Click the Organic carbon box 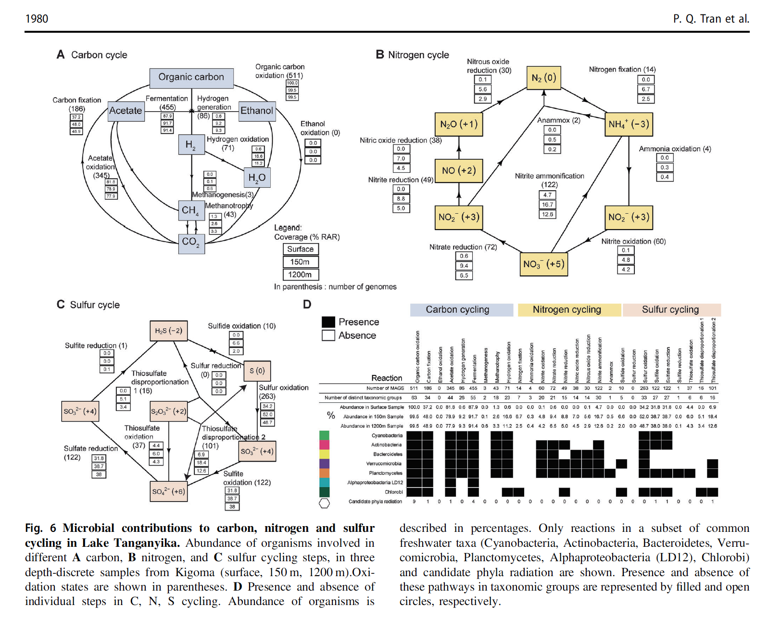coord(191,77)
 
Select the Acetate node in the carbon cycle coord(126,111)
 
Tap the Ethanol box coord(257,111)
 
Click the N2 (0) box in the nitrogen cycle coord(543,78)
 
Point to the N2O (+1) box coord(458,124)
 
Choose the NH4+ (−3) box coord(629,124)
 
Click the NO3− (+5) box coord(543,264)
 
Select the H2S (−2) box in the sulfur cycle coord(168,331)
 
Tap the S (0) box coord(257,371)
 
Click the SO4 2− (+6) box coord(168,491)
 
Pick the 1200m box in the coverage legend coord(300,275)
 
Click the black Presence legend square coord(328,322)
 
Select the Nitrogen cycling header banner coord(567,310)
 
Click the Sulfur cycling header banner coord(670,310)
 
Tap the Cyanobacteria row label coord(387,436)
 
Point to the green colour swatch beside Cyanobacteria coord(325,436)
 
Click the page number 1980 coord(37,19)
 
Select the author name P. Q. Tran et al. coord(711,19)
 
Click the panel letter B coord(380,55)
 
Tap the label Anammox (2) coord(558,120)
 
